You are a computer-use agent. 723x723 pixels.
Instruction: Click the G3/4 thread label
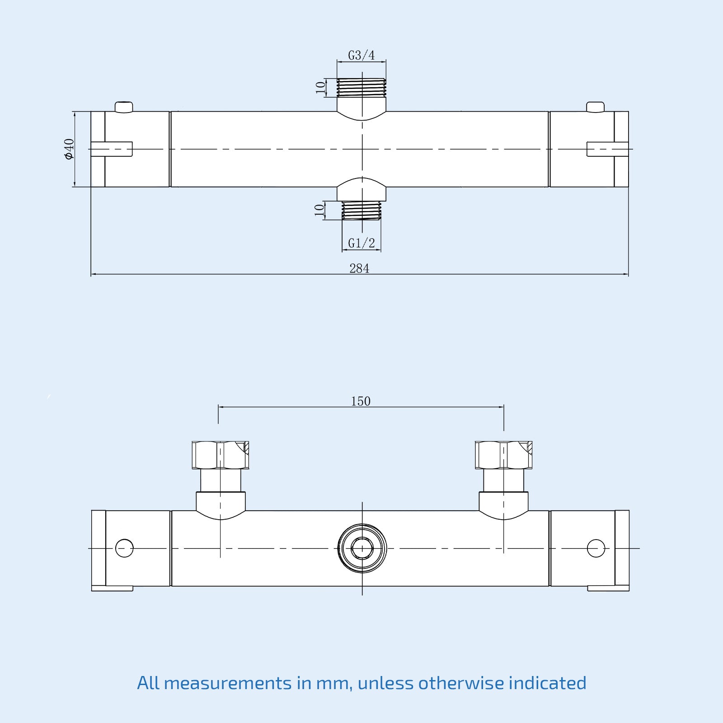[x=361, y=55]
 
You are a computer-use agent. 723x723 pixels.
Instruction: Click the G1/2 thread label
[x=361, y=243]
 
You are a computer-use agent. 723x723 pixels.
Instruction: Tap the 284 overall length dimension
[x=359, y=268]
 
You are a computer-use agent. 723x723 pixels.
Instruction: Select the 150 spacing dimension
[x=361, y=401]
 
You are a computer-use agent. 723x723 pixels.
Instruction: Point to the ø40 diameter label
[x=69, y=149]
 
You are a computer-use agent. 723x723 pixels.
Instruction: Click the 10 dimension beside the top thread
[x=320, y=87]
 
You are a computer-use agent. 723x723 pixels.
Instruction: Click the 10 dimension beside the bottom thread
[x=319, y=210]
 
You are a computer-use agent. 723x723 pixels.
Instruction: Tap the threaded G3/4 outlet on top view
[x=361, y=88]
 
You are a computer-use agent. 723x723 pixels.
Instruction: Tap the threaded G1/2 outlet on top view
[x=361, y=211]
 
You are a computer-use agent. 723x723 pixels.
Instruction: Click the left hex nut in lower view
[x=220, y=455]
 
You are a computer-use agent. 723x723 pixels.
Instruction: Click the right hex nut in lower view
[x=503, y=455]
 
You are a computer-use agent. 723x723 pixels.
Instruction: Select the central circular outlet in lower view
[x=362, y=548]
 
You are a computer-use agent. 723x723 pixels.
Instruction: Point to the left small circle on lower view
[x=124, y=548]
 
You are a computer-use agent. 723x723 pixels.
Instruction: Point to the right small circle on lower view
[x=596, y=548]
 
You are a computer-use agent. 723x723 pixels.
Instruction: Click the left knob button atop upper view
[x=123, y=107]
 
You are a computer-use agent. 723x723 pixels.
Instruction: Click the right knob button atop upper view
[x=595, y=107]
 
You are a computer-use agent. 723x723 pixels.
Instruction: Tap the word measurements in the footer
[x=227, y=683]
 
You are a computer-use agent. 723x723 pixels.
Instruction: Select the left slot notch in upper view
[x=112, y=149]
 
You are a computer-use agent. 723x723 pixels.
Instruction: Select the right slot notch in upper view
[x=607, y=149]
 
